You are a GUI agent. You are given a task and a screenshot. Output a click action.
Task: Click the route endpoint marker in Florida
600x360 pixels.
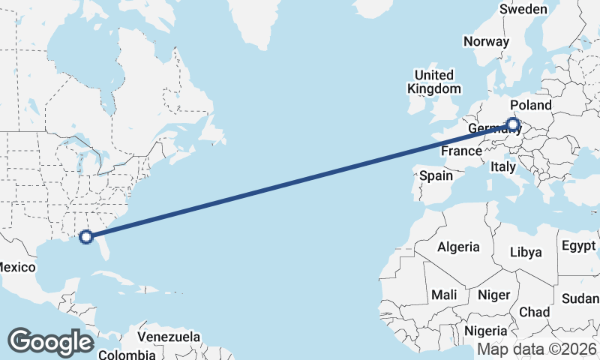point(86,236)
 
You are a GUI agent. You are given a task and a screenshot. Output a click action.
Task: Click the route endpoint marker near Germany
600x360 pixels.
point(513,124)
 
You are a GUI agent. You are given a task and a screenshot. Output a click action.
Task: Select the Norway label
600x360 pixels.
point(486,41)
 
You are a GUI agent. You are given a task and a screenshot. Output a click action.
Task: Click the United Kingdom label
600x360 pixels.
point(434,82)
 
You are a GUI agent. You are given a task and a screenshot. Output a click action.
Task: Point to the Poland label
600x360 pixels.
point(530,105)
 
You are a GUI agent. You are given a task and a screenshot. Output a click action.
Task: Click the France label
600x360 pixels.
point(460,151)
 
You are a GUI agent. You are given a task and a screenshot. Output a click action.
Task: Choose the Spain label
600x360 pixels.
point(436,176)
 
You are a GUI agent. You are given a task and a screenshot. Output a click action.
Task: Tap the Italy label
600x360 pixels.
point(502,167)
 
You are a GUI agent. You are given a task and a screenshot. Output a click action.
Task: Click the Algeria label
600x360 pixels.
point(458,246)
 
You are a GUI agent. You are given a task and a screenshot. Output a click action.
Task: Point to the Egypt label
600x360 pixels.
point(578,246)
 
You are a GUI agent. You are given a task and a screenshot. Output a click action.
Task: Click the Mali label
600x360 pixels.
point(444,295)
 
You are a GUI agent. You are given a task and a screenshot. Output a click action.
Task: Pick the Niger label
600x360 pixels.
point(493,295)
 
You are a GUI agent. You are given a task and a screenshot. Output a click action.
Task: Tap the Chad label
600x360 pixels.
point(534,311)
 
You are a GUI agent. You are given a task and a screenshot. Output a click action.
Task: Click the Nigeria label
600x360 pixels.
point(486,331)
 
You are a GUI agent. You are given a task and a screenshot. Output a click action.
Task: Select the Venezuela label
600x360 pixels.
point(169,336)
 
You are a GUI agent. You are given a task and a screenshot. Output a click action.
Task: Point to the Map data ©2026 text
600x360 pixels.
point(535,349)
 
